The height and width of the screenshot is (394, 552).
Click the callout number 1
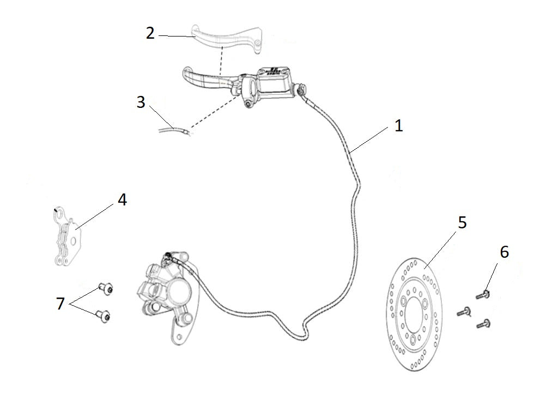point(398,126)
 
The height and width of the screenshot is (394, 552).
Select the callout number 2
point(150,33)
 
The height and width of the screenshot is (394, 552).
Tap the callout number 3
point(141,102)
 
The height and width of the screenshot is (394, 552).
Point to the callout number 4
point(122,200)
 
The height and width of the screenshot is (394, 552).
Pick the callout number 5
point(462,222)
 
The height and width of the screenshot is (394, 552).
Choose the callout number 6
point(504,252)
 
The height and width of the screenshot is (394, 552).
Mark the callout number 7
point(60,304)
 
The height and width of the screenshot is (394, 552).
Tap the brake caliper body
point(166,292)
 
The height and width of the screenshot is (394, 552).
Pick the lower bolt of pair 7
point(102,314)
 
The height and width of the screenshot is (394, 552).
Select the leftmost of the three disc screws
point(463,312)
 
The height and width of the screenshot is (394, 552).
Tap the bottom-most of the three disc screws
point(483,324)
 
